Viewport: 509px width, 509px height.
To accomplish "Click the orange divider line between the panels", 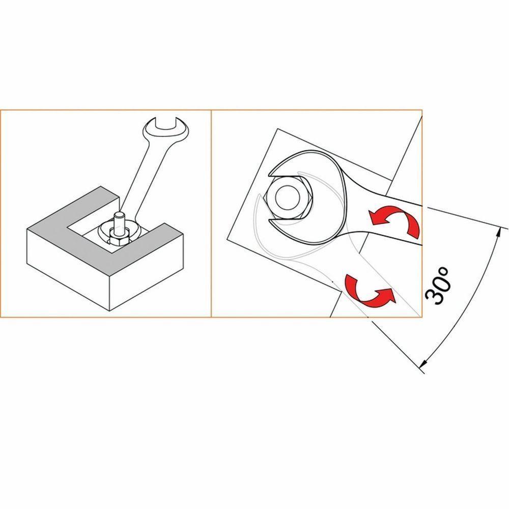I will pos(211,214).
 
